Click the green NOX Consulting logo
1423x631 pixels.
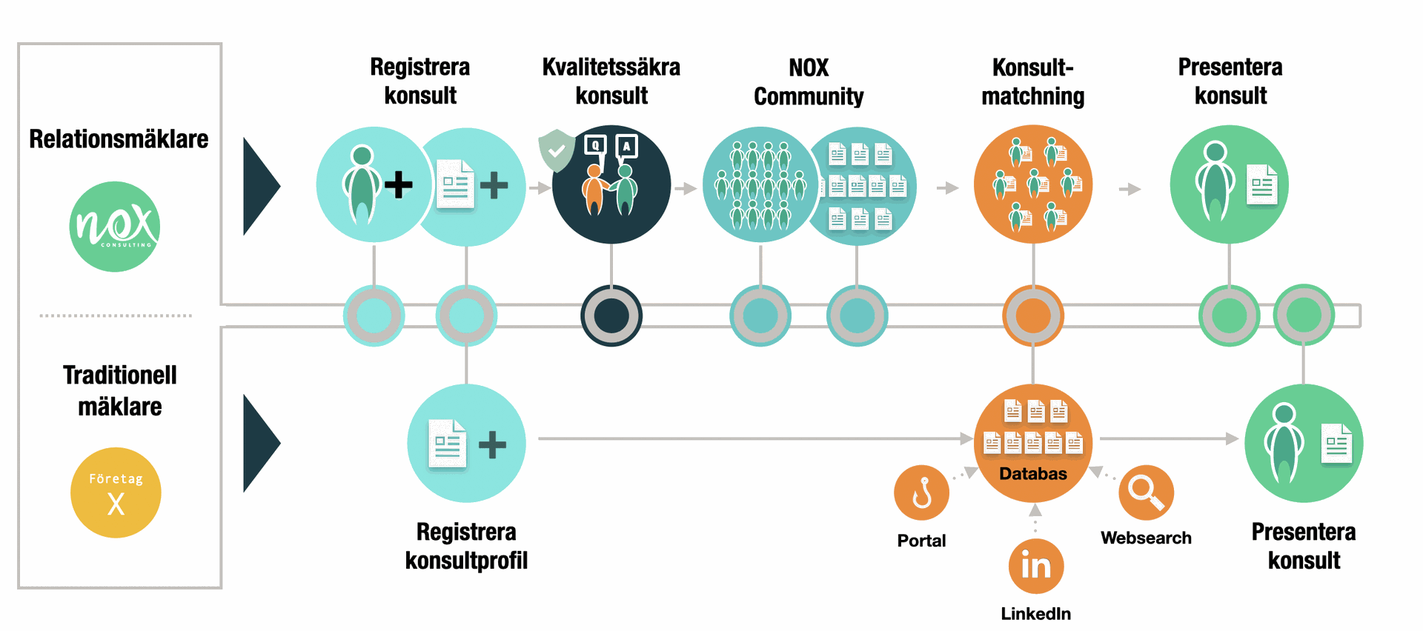coord(115,227)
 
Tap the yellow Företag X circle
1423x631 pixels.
coord(116,493)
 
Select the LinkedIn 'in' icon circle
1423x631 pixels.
coord(1035,567)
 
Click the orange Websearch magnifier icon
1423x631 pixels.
coord(1146,493)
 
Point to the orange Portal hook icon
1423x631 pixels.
coord(921,493)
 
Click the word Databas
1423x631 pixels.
coord(1032,474)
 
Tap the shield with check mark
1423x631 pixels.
coord(557,150)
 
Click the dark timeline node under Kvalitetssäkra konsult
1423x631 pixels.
coord(611,315)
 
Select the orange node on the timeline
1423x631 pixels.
coord(1032,315)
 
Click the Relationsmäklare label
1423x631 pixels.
coord(119,139)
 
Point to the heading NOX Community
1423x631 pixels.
coord(809,81)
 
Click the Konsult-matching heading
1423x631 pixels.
coord(1032,81)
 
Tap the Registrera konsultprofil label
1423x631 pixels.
coord(466,546)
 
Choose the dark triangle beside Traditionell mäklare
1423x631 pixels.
coord(259,443)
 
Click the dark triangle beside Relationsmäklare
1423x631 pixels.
coord(259,186)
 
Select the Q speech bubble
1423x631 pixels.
coord(595,145)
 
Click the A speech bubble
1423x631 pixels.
coord(627,146)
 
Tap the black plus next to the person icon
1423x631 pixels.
coord(399,185)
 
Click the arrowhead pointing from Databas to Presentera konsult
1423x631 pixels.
coord(1232,438)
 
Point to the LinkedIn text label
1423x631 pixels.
coord(1035,613)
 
